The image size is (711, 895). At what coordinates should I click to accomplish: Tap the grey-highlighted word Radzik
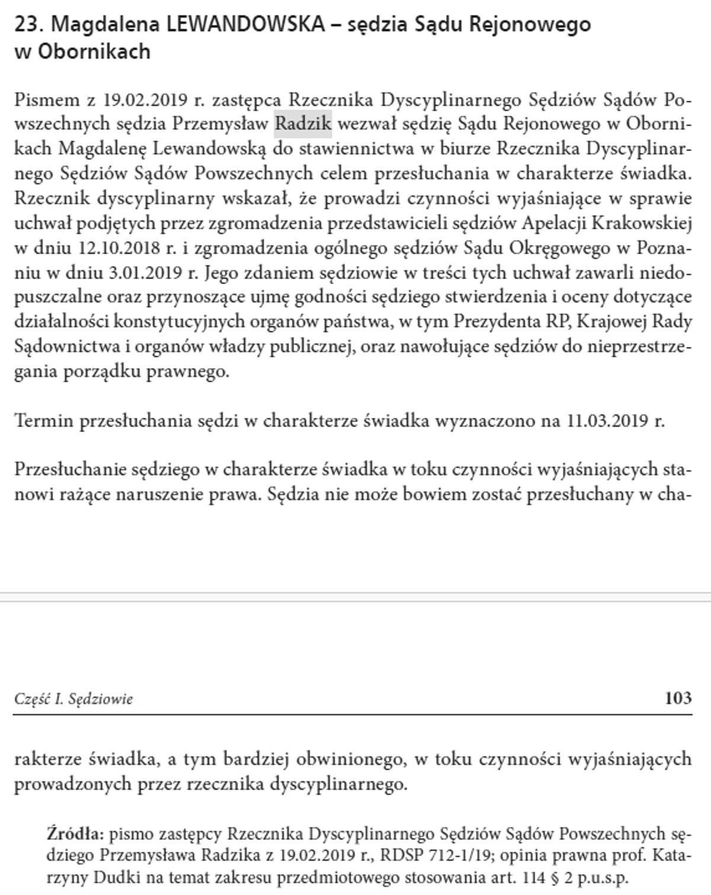pyautogui.click(x=302, y=123)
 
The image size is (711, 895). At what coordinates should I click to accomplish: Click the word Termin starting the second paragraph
pyautogui.click(x=44, y=421)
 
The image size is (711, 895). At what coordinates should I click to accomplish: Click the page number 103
pyautogui.click(x=678, y=698)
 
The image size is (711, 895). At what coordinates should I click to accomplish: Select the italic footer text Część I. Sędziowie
pyautogui.click(x=73, y=699)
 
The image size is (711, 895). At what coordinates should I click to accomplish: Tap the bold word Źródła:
pyautogui.click(x=75, y=834)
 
